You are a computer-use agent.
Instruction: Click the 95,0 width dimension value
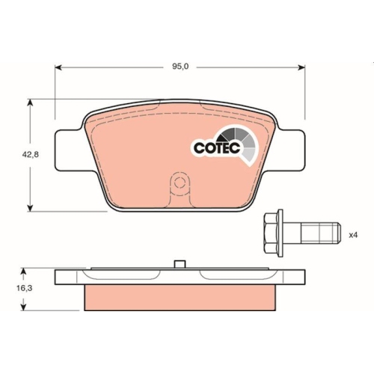(180, 67)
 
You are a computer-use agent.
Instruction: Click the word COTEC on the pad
(215, 148)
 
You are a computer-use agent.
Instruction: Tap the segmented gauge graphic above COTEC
(240, 139)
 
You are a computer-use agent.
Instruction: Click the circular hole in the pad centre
(179, 183)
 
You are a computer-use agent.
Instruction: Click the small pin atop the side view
(179, 263)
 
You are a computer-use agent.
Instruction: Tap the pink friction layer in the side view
(180, 298)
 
